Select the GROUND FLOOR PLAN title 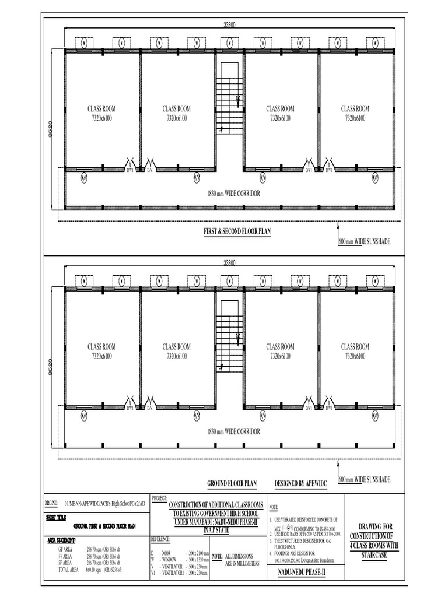(x=232, y=484)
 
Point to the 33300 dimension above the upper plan (x=229, y=24)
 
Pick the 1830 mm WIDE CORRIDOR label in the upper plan (x=233, y=193)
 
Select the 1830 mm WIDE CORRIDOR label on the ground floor (x=233, y=431)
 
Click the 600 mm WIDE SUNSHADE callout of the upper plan (x=364, y=241)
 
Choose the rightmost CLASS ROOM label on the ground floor (x=355, y=346)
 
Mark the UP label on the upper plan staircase (x=220, y=129)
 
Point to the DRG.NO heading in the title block (x=52, y=503)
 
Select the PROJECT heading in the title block (x=159, y=499)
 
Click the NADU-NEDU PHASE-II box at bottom (x=304, y=574)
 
